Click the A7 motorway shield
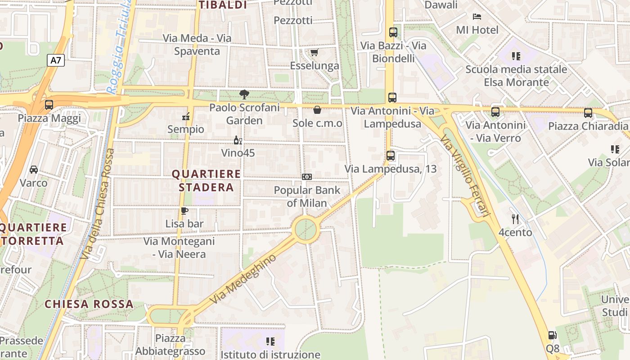(x=56, y=60)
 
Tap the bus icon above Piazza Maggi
(x=49, y=105)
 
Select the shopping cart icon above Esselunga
(x=314, y=53)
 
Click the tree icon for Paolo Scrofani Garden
(x=244, y=94)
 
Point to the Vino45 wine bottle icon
(x=238, y=140)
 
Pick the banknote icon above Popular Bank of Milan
(x=307, y=177)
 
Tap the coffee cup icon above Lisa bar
(x=184, y=211)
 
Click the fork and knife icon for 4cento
(x=515, y=219)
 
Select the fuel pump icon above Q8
(x=552, y=335)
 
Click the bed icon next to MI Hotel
(x=477, y=17)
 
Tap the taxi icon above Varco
(x=34, y=170)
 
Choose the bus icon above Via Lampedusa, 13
(x=391, y=156)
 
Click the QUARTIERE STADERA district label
(x=206, y=180)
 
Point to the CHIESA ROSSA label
(x=89, y=304)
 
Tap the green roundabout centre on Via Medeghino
(x=306, y=229)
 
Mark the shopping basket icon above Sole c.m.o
(x=317, y=110)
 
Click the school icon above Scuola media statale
(x=516, y=56)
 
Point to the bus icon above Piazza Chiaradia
(x=588, y=113)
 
